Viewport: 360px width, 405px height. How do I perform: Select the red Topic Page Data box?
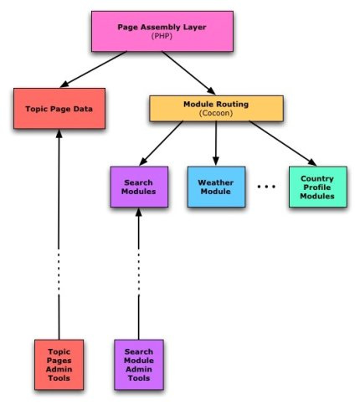coord(59,109)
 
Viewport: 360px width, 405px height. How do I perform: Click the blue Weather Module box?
coord(216,187)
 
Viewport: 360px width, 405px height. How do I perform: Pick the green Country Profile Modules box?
coord(316,186)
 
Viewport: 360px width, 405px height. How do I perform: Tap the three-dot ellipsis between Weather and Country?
coord(266,187)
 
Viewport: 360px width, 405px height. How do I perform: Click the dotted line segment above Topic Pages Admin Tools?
coord(59,276)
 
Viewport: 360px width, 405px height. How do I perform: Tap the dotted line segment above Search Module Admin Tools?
coord(139,276)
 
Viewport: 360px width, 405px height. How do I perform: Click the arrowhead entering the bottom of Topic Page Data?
coord(59,136)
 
